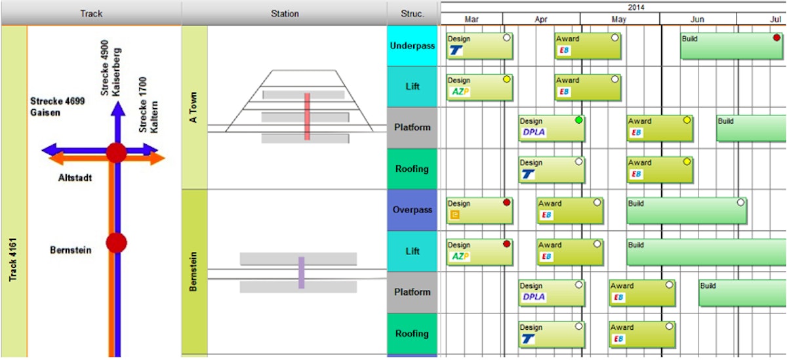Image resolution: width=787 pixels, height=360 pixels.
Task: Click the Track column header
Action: (x=91, y=13)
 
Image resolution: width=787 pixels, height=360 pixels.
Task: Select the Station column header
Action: (x=284, y=13)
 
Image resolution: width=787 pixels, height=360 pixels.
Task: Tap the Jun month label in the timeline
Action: (x=697, y=19)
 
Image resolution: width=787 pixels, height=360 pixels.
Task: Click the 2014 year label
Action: (x=636, y=7)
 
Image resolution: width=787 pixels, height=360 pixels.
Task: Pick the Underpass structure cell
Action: (x=412, y=46)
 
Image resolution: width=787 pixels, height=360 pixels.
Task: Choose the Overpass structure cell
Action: (x=412, y=210)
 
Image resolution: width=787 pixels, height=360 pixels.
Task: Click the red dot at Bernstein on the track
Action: (x=116, y=243)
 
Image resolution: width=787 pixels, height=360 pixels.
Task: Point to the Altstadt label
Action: (x=75, y=178)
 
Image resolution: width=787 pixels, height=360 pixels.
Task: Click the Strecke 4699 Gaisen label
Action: (x=57, y=107)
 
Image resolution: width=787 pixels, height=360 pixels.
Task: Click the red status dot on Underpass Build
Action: (x=777, y=38)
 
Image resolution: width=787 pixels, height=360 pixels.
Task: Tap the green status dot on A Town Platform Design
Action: (x=578, y=121)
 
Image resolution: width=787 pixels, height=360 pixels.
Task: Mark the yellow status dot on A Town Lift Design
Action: (x=506, y=79)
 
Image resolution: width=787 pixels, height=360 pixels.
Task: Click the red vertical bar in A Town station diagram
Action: (x=307, y=116)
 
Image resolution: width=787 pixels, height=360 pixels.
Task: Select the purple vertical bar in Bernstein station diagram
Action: (x=302, y=272)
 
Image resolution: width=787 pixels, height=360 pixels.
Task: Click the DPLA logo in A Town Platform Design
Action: (x=534, y=132)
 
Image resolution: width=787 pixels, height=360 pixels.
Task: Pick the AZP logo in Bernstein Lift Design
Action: (x=460, y=256)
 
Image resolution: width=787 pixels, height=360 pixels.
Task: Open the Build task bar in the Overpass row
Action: (x=686, y=210)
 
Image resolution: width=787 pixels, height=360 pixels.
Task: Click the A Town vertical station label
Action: (x=193, y=108)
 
